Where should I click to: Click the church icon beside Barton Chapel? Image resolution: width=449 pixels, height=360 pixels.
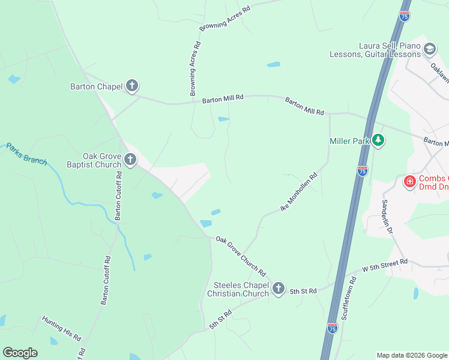pyautogui.click(x=132, y=86)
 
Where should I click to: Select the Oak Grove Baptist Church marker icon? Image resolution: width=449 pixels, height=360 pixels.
pyautogui.click(x=130, y=160)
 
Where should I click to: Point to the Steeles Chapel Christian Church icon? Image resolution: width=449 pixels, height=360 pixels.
pyautogui.click(x=278, y=289)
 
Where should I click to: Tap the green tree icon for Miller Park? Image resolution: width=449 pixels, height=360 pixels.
pyautogui.click(x=378, y=140)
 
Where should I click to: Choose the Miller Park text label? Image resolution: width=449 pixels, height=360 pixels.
pyautogui.click(x=348, y=141)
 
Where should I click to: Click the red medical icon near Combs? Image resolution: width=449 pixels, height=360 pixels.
pyautogui.click(x=410, y=181)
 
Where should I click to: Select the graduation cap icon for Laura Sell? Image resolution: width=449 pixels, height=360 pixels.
pyautogui.click(x=429, y=49)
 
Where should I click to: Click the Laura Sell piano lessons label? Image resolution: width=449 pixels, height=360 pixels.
pyautogui.click(x=375, y=50)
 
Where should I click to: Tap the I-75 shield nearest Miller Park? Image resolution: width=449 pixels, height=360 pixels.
pyautogui.click(x=362, y=171)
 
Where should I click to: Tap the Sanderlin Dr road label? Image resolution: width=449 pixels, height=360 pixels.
pyautogui.click(x=388, y=216)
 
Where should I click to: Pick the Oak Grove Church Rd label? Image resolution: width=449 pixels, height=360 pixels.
pyautogui.click(x=240, y=253)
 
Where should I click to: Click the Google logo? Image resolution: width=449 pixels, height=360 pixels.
pyautogui.click(x=20, y=353)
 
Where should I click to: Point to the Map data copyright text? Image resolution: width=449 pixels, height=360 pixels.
pyautogui.click(x=411, y=355)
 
